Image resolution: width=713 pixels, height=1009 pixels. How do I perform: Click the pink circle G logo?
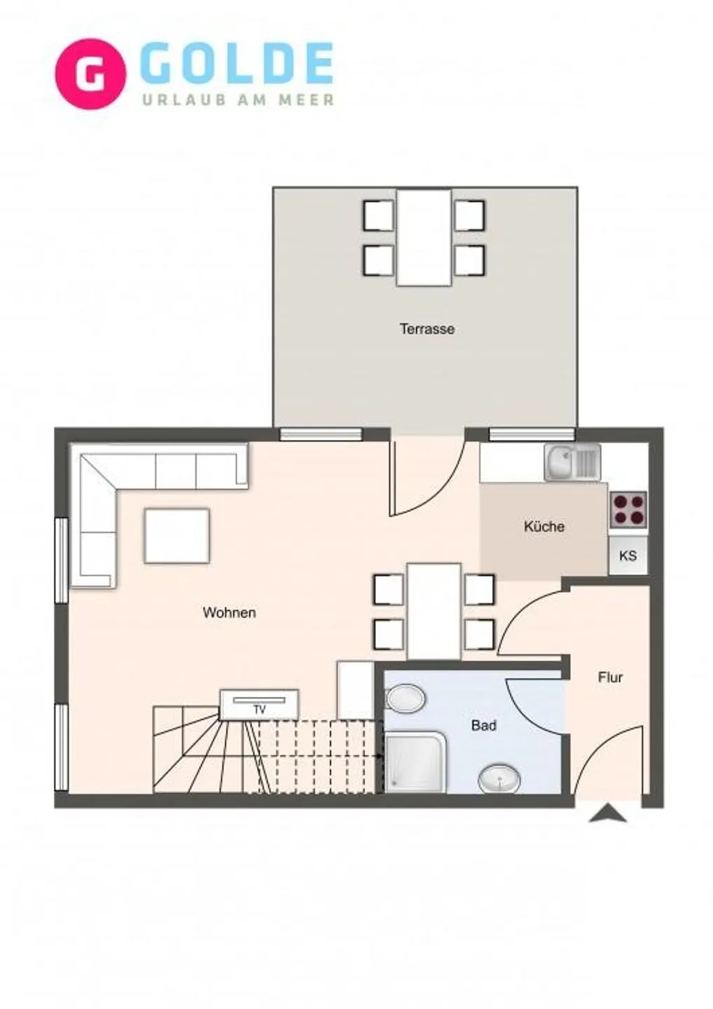tap(90, 74)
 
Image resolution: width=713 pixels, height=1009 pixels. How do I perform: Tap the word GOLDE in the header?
tap(237, 64)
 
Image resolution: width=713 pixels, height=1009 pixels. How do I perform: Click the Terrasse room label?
tap(427, 329)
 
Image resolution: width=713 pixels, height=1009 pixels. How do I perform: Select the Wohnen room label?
tap(229, 612)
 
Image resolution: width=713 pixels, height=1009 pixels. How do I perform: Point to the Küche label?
tap(544, 526)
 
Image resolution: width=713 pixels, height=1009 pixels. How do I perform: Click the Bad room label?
tap(483, 725)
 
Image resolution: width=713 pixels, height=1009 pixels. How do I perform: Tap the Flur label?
tap(610, 677)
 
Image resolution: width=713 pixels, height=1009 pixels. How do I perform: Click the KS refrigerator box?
tap(628, 556)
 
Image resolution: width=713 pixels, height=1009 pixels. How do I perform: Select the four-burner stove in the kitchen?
tap(628, 509)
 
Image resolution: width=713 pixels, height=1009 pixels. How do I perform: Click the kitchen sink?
tap(572, 462)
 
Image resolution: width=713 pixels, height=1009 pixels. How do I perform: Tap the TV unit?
tap(259, 704)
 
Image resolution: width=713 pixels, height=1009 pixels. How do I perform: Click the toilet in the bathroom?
tap(406, 698)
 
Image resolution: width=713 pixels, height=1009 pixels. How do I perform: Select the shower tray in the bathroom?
tap(415, 762)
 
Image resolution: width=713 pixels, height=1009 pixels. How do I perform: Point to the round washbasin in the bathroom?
tap(499, 778)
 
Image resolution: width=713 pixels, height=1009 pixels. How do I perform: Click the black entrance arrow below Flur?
tap(607, 814)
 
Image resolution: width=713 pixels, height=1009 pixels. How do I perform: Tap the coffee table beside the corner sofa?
tap(177, 535)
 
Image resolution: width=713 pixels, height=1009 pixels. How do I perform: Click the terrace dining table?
tap(424, 238)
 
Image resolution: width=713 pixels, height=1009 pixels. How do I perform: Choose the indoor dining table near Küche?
tap(434, 611)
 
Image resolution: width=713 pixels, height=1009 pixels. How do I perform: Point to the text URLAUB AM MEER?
tap(238, 100)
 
